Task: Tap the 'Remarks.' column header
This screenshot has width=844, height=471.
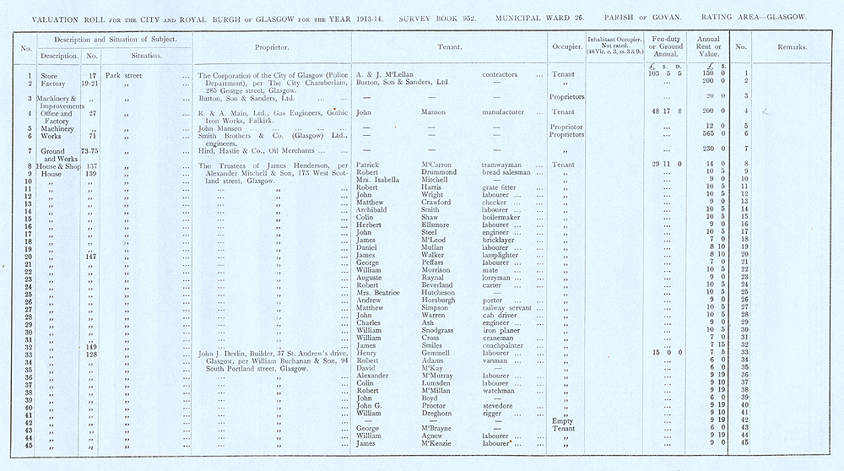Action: tap(791, 47)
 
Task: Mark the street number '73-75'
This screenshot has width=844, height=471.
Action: tap(90, 150)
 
